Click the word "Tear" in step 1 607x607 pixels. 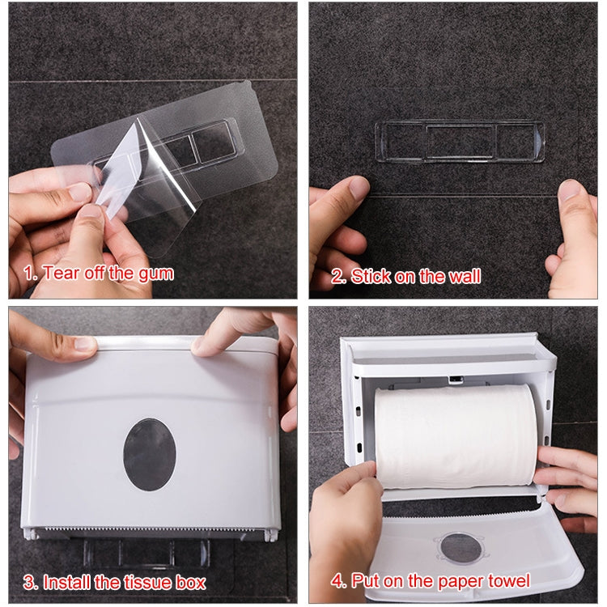(60, 273)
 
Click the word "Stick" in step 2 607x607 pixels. (371, 276)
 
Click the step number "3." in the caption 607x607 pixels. (30, 581)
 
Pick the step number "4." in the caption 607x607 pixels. (337, 580)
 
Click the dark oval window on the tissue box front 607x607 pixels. (148, 452)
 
